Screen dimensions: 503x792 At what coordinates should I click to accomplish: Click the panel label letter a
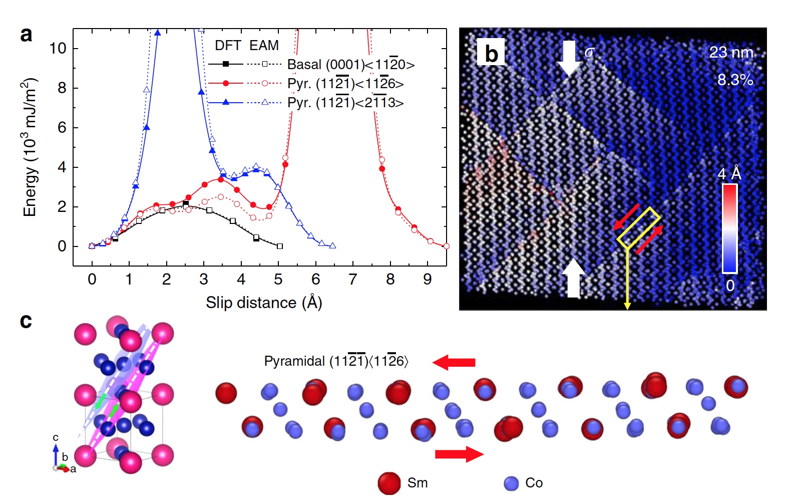click(x=27, y=35)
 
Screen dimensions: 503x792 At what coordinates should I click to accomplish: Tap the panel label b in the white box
click(x=491, y=53)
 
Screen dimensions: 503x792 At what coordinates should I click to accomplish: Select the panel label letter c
click(x=26, y=321)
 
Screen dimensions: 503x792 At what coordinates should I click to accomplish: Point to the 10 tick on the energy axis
click(x=58, y=49)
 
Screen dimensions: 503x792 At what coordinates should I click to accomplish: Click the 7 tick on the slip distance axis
click(x=353, y=280)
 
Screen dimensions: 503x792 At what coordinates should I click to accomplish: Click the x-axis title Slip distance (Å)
click(x=264, y=303)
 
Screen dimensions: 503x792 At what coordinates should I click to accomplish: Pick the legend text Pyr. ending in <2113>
click(x=345, y=103)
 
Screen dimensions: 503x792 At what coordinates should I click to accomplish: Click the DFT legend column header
click(x=228, y=46)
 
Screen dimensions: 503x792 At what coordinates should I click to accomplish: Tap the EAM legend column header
click(x=264, y=46)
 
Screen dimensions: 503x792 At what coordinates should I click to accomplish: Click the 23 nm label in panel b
click(x=731, y=53)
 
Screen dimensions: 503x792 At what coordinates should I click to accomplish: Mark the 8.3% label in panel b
click(x=735, y=80)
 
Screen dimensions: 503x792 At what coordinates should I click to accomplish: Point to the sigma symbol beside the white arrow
click(x=589, y=52)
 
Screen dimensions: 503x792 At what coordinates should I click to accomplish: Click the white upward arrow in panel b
click(x=573, y=278)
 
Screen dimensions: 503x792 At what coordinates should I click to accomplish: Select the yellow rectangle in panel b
click(x=638, y=228)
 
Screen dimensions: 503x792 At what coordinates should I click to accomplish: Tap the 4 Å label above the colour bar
click(x=729, y=174)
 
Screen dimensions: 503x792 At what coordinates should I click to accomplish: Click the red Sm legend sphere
click(x=389, y=483)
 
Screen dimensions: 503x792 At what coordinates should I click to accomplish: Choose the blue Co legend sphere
click(x=511, y=483)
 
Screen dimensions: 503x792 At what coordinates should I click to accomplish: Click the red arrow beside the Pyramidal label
click(x=454, y=362)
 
